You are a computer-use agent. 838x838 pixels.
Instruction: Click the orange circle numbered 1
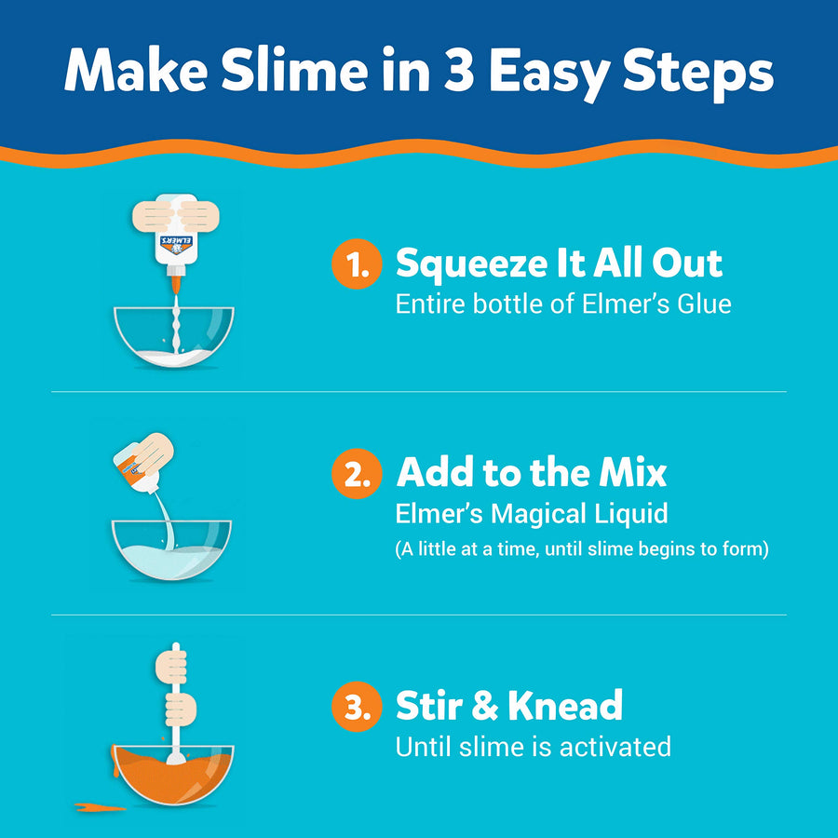pyautogui.click(x=357, y=265)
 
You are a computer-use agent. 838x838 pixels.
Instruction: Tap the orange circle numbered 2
pyautogui.click(x=357, y=474)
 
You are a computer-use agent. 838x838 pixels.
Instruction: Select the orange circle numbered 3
pyautogui.click(x=357, y=707)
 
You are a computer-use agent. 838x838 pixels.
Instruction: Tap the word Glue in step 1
pyautogui.click(x=700, y=304)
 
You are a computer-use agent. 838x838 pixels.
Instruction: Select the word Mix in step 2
pyautogui.click(x=632, y=473)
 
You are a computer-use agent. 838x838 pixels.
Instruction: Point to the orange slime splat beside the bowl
pyautogui.click(x=99, y=805)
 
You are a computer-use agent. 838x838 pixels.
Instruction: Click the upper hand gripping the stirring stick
pyautogui.click(x=171, y=667)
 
